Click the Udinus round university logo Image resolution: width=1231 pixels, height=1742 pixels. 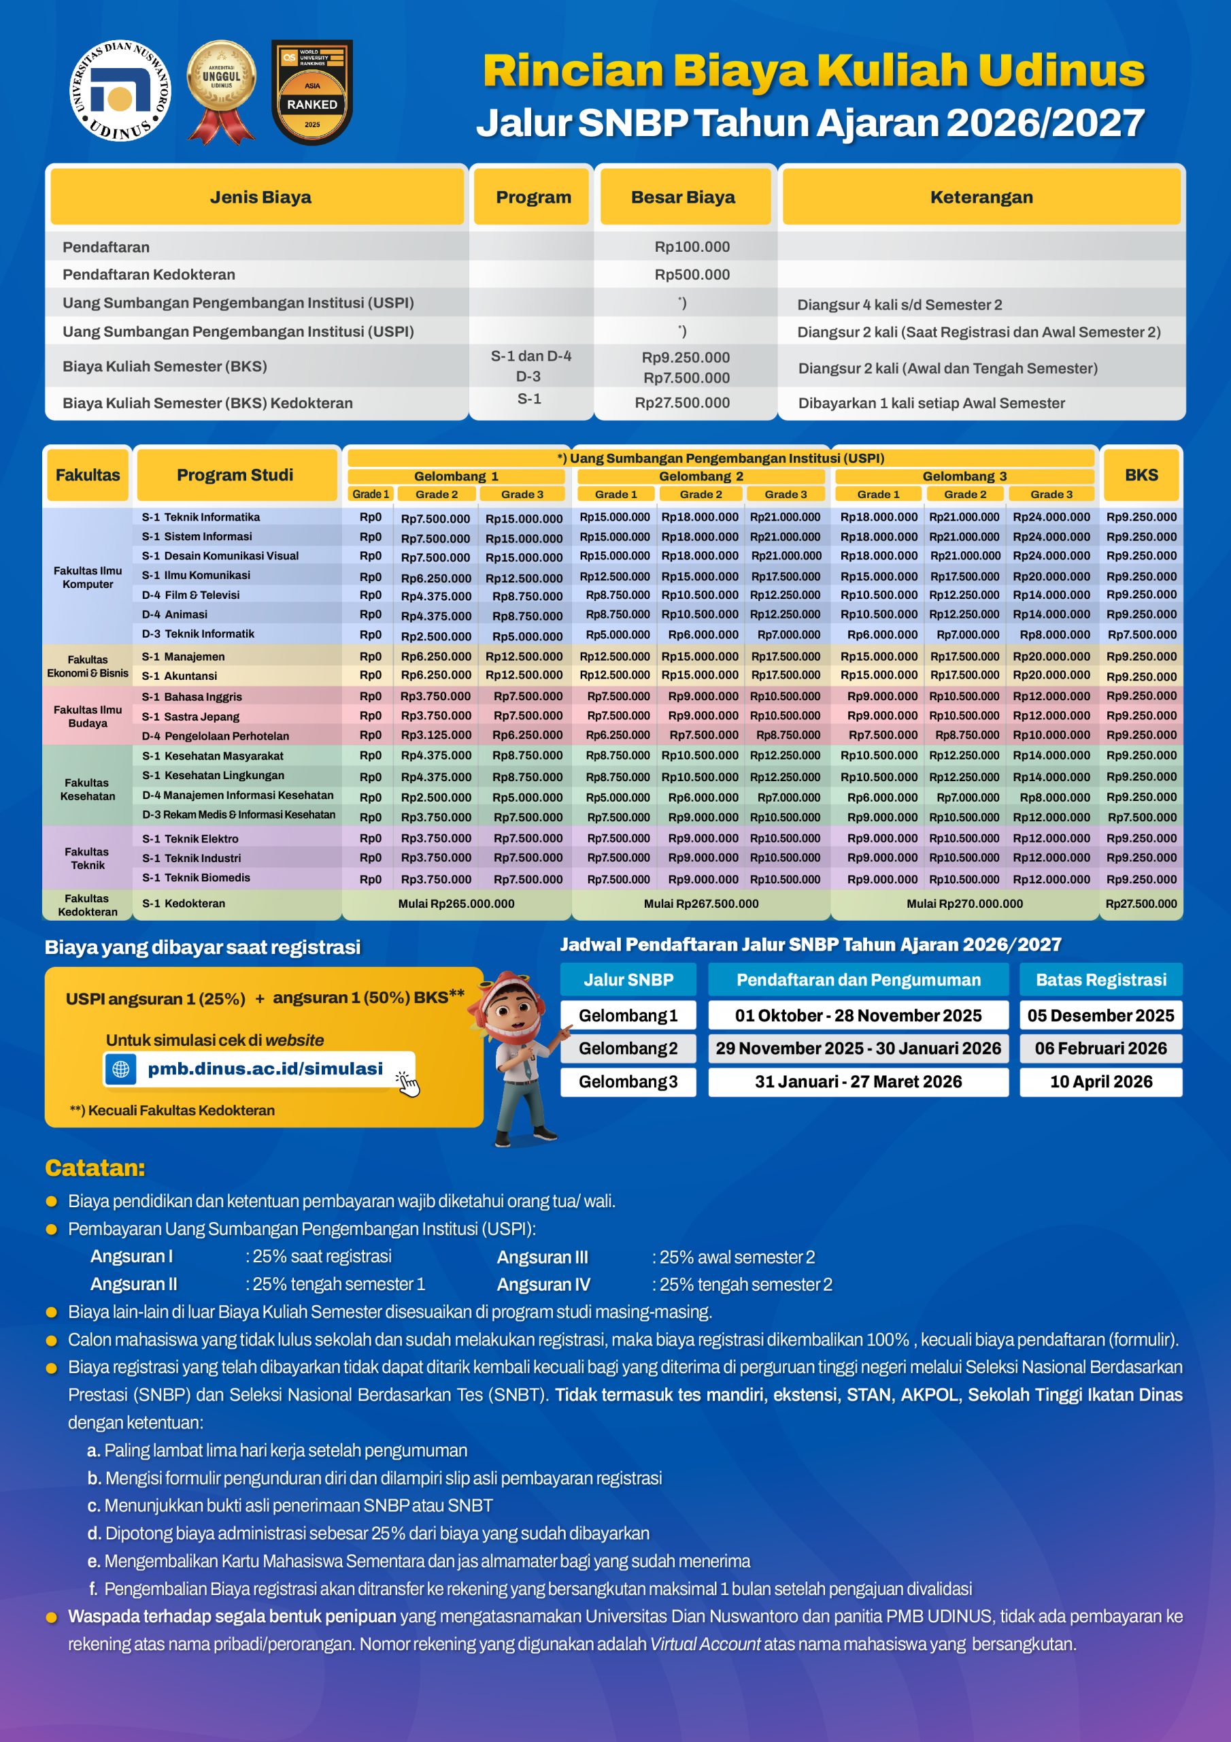click(x=120, y=91)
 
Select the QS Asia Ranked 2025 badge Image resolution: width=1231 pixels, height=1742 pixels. click(x=311, y=91)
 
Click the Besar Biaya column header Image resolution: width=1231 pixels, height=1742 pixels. click(x=683, y=197)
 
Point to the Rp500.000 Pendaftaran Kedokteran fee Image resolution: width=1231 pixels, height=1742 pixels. click(x=692, y=275)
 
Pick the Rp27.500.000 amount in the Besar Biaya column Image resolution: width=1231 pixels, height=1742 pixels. click(x=682, y=403)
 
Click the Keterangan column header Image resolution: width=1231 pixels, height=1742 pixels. click(x=981, y=197)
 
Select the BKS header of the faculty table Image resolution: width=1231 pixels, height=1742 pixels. click(x=1141, y=475)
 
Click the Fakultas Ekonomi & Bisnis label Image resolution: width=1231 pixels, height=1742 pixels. click(x=87, y=666)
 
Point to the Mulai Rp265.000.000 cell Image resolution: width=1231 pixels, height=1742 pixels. click(x=456, y=904)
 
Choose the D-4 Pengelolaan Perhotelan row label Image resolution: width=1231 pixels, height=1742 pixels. click(x=216, y=736)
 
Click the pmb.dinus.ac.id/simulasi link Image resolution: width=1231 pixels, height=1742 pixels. click(x=265, y=1068)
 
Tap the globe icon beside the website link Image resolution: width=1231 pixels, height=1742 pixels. click(x=120, y=1069)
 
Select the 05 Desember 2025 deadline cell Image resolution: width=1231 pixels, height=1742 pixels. click(x=1100, y=1015)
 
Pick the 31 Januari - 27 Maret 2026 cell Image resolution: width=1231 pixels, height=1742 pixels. click(x=858, y=1082)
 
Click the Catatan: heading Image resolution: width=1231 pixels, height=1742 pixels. click(x=95, y=1168)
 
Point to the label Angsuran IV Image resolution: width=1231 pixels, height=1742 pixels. click(x=543, y=1285)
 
